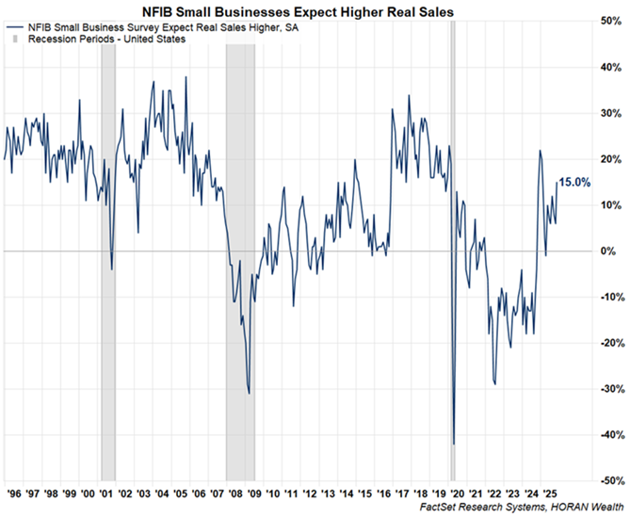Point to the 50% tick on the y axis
click(x=609, y=21)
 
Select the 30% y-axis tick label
click(x=609, y=113)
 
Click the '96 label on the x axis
click(x=16, y=493)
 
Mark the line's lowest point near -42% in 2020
click(x=454, y=444)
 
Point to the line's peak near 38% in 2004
click(x=185, y=77)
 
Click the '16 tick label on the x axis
click(x=378, y=493)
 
